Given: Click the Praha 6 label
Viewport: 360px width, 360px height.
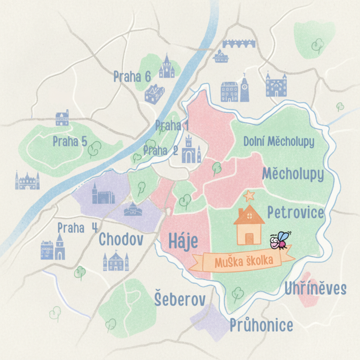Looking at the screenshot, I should tap(132, 76).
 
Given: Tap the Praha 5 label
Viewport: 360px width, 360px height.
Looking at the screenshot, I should tap(70, 141).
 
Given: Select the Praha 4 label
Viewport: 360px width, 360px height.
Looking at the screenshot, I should tap(78, 228).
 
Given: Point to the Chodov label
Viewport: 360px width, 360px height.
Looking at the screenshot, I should tap(120, 240).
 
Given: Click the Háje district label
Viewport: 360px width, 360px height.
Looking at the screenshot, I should tap(183, 242).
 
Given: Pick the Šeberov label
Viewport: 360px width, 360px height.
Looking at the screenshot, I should tap(177, 300).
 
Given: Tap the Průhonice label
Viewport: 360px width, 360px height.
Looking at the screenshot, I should tap(261, 325).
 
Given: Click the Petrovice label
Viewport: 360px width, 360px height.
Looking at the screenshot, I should tap(295, 213).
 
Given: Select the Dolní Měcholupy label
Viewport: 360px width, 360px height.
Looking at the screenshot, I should tap(279, 141).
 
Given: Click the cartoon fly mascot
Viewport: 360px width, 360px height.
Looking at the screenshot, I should tap(281, 240).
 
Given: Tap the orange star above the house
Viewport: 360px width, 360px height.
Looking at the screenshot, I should tap(248, 195).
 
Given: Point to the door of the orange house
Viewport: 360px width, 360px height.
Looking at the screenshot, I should tap(249, 238).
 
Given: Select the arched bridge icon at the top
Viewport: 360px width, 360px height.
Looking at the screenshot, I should tap(239, 43).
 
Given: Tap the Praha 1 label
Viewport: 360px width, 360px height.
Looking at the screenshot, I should tap(172, 126).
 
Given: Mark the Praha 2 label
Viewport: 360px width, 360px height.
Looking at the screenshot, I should tap(161, 150).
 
